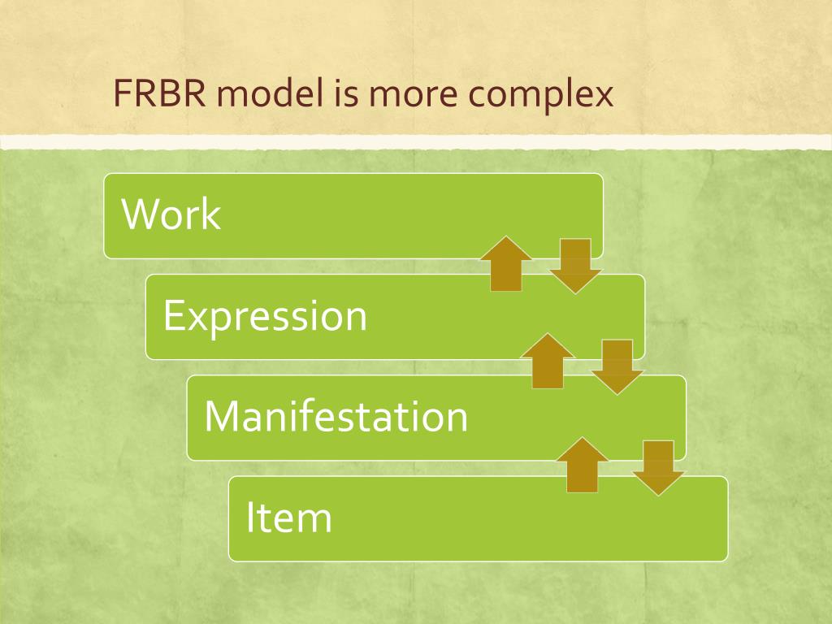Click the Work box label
(171, 214)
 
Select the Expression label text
(265, 317)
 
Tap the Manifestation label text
(336, 416)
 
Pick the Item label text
(289, 518)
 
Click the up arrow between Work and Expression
(506, 263)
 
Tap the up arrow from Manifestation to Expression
(547, 361)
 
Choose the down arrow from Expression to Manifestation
(617, 366)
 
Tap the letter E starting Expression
(171, 315)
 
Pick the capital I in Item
(250, 518)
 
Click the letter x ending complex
(603, 97)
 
